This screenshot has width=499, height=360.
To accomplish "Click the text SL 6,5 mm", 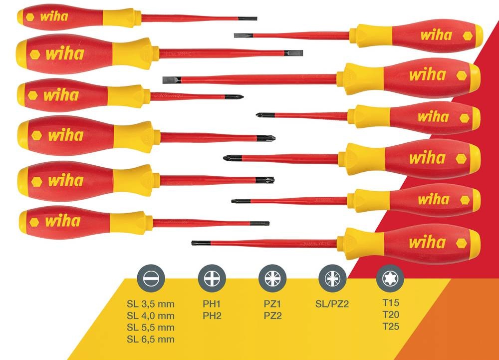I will tap(150, 340).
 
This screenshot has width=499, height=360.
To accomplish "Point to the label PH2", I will tap(212, 316).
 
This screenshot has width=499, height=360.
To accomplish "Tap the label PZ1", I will tap(272, 304).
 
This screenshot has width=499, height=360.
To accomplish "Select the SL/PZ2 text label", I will tap(332, 304).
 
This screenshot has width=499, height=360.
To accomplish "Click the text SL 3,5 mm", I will tap(150, 304).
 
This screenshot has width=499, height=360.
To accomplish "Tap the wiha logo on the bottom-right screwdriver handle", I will tap(427, 243).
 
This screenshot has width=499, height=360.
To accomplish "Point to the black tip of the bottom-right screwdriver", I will tap(196, 243).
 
